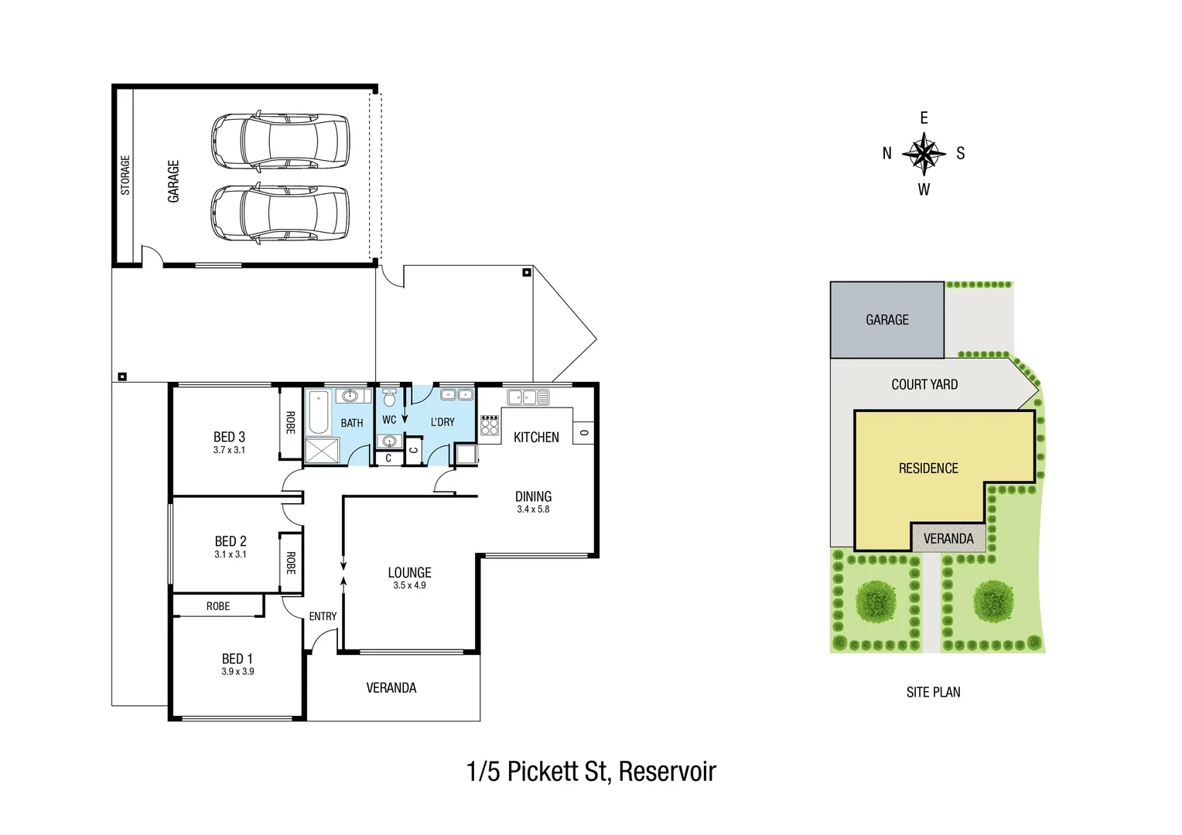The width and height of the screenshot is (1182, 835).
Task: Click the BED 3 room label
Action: click(x=229, y=437)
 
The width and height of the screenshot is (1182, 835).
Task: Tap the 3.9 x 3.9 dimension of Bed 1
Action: click(x=237, y=672)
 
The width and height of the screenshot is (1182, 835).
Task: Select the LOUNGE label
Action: click(x=409, y=573)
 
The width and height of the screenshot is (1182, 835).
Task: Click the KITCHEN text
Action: click(x=536, y=438)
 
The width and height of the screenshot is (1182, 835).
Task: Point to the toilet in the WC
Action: click(x=389, y=398)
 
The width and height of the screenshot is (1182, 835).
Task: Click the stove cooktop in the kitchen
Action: click(x=490, y=425)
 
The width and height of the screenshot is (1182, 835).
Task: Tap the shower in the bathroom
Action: click(x=322, y=451)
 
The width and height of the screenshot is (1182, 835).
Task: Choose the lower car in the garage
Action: click(x=280, y=213)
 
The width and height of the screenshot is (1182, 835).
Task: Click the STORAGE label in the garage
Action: click(x=125, y=176)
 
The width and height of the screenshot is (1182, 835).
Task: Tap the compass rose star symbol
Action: click(x=924, y=152)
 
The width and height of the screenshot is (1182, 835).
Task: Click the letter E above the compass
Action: click(x=924, y=118)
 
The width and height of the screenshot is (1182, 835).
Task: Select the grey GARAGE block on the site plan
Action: click(x=886, y=320)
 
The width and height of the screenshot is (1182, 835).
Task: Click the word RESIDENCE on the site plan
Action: click(x=928, y=469)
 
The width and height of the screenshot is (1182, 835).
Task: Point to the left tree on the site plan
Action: click(x=876, y=600)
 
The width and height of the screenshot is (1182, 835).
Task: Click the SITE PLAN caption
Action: click(x=933, y=693)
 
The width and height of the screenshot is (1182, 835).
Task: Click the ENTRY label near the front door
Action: click(x=323, y=616)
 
